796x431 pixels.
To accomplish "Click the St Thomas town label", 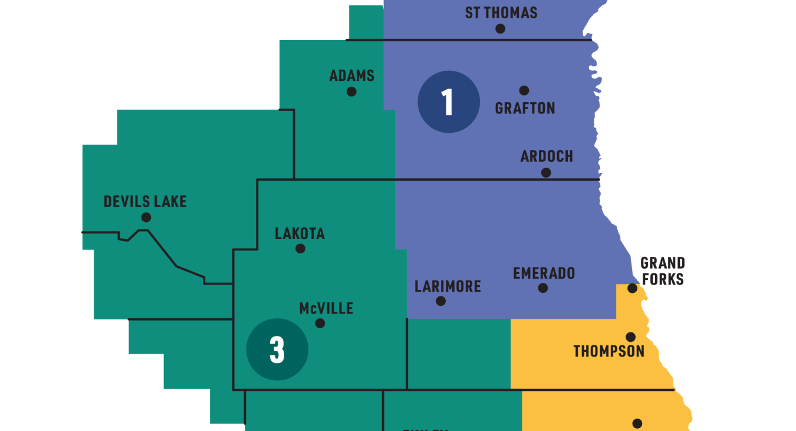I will click(501, 12).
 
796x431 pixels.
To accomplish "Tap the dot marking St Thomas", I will click(500, 28).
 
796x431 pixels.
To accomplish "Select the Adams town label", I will click(351, 76).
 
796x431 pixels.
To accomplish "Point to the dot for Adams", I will click(351, 92).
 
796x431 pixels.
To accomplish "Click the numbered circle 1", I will click(448, 102).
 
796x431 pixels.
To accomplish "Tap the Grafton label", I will click(525, 108).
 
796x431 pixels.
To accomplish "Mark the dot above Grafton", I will click(524, 90).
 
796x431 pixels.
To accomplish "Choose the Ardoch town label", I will click(547, 156).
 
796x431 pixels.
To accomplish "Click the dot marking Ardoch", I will click(546, 172).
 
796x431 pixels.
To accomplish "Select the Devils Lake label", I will click(145, 201).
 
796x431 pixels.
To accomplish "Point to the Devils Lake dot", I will click(146, 217).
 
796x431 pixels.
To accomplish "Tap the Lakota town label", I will click(300, 234).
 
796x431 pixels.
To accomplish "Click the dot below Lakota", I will click(300, 249).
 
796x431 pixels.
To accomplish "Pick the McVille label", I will click(326, 308).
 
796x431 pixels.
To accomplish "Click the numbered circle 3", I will click(277, 350).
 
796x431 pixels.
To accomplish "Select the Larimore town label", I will click(448, 286).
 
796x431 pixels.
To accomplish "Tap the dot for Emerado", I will click(543, 288).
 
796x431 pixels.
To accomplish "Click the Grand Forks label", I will click(662, 270).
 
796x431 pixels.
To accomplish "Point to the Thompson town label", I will click(608, 351).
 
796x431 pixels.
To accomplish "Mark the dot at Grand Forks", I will click(632, 288).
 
